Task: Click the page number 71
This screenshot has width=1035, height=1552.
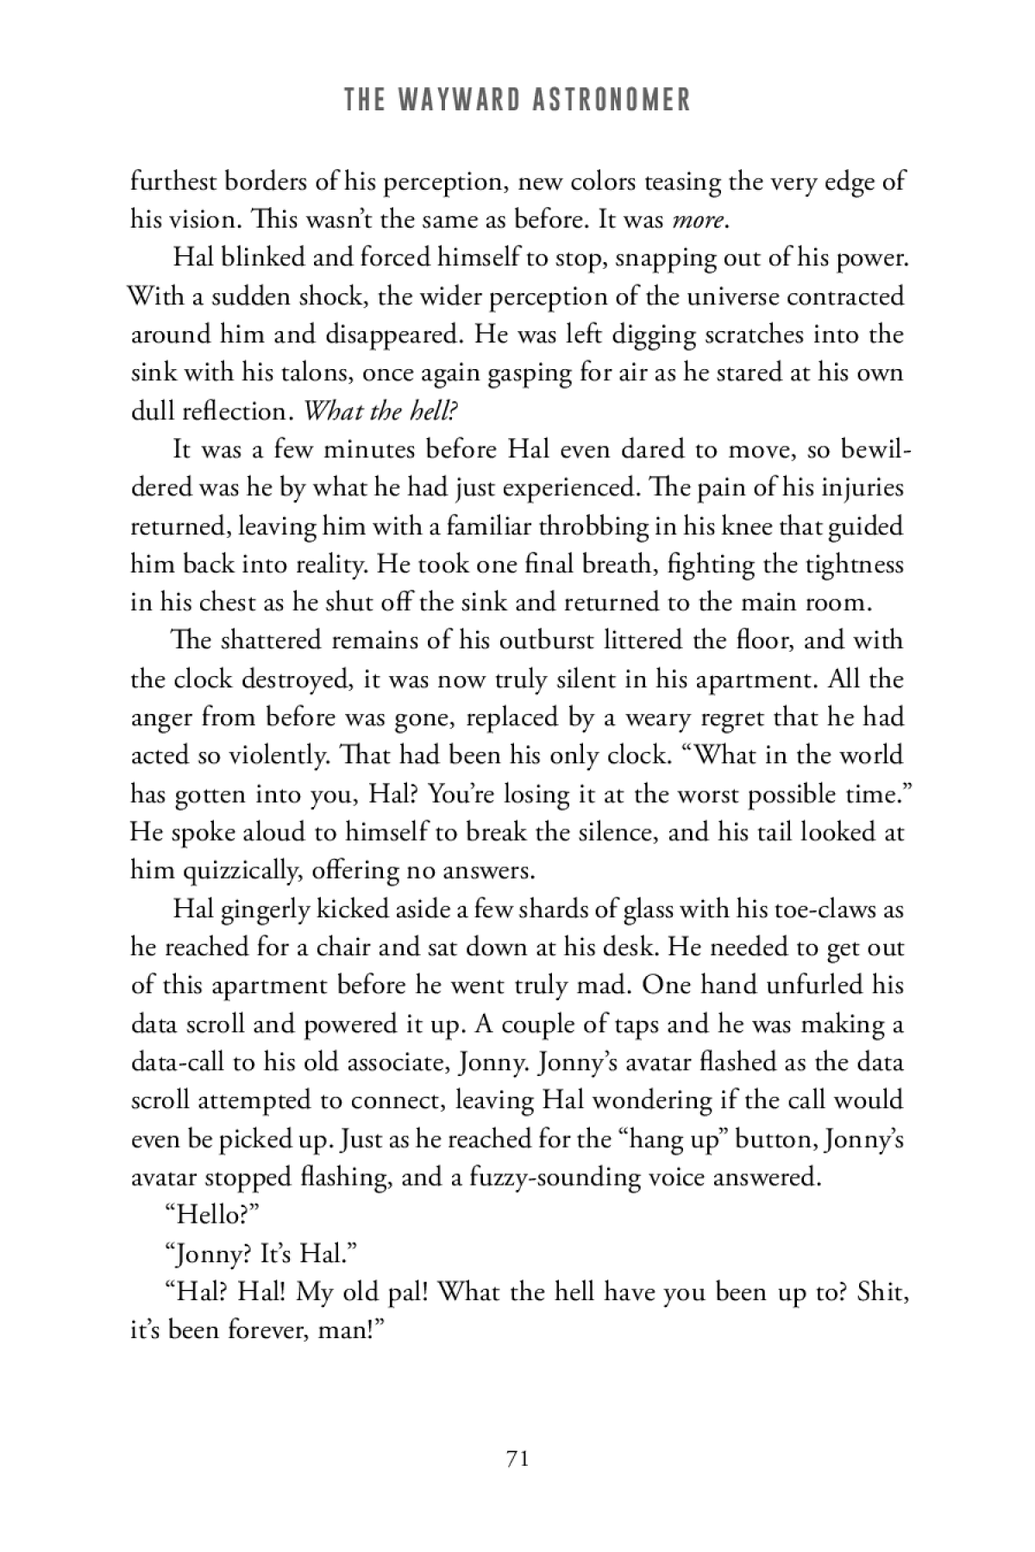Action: tap(517, 1458)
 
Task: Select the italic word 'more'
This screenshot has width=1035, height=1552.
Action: tap(697, 220)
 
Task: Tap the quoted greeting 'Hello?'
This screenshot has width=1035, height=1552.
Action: tap(212, 1216)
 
